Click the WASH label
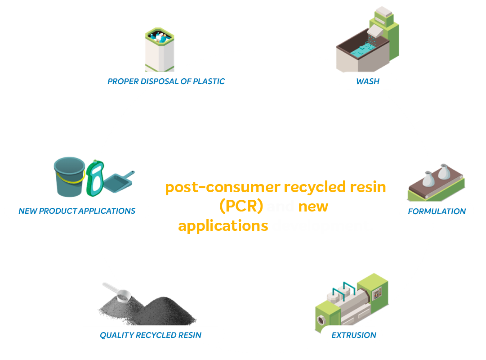click(367, 81)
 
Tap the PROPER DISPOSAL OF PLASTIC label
click(166, 81)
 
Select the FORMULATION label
click(437, 211)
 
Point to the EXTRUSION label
click(353, 335)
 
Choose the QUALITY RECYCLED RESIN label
click(150, 335)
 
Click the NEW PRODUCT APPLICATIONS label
click(77, 211)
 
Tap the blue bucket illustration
click(68, 176)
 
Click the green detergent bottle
click(95, 179)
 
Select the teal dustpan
click(118, 182)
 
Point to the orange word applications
click(223, 225)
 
